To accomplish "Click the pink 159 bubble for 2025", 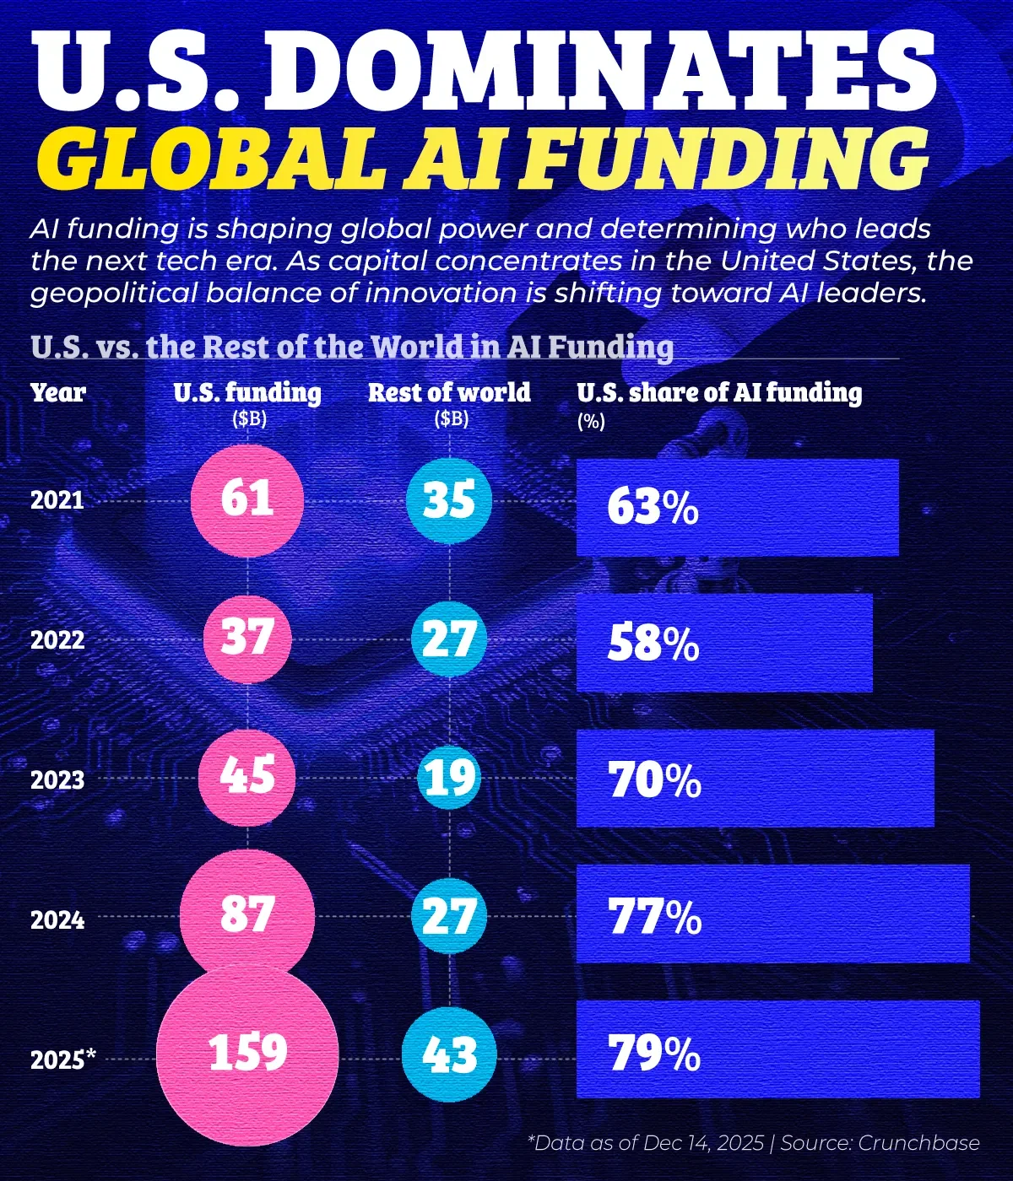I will pos(247,1054).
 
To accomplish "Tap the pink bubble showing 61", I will pos(247,499).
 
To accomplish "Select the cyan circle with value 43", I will pos(449,1055).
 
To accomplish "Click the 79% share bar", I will pos(777,1049).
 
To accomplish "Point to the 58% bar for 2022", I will pos(724,643).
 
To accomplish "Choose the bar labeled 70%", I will pos(755,779).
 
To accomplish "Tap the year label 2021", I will pos(57,500).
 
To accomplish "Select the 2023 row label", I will pos(57,779).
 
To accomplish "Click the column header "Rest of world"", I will pos(449,392).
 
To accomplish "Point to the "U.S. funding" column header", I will pos(247,392).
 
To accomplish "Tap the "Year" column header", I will pos(58,392).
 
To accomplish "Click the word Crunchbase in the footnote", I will pos(918,1143).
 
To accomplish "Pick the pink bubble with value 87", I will pos(247,915).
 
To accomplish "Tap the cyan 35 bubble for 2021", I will pos(449,499).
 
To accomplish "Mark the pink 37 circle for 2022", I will pos(247,639).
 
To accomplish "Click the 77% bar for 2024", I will pos(772,914).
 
